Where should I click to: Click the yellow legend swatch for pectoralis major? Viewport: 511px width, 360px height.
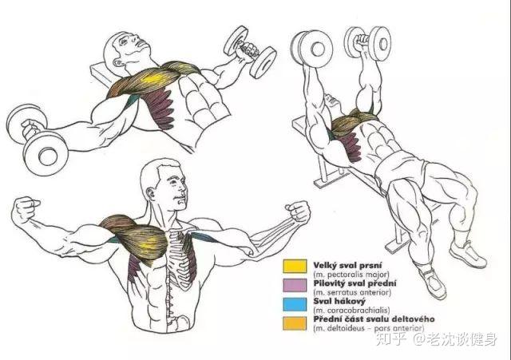click(295, 266)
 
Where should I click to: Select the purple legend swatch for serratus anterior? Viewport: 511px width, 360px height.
click(295, 285)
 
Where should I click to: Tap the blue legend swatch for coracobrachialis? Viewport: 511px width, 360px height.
click(295, 304)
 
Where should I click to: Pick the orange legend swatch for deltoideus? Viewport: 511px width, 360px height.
click(295, 323)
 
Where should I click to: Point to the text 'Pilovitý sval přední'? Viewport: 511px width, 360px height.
click(355, 283)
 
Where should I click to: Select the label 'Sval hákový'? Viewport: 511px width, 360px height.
click(339, 302)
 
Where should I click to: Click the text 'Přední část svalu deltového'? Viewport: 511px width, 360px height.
click(374, 319)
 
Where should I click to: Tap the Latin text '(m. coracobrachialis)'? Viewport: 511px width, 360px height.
click(351, 311)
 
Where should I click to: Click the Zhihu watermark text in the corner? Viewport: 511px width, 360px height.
click(437, 338)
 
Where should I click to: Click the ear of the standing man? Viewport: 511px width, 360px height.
click(151, 195)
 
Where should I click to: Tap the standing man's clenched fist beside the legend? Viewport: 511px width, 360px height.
click(298, 211)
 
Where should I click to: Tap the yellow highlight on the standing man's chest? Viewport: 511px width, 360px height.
click(149, 243)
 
